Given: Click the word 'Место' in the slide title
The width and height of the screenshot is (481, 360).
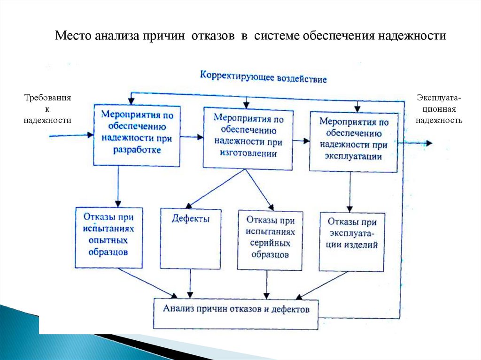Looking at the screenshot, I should [72, 36].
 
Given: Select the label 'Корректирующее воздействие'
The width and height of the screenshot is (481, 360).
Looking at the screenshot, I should [263, 77].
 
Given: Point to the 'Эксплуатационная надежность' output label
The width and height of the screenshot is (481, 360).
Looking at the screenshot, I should [439, 109].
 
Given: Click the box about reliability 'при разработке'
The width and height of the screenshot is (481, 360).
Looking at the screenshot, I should [137, 135].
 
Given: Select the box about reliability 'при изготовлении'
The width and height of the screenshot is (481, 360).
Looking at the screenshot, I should [248, 138].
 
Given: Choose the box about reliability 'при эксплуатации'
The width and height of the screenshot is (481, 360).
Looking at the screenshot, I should [353, 141].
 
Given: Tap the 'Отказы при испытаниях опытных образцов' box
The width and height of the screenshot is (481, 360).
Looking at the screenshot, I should [109, 237].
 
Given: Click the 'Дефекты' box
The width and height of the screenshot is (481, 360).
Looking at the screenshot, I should [190, 237].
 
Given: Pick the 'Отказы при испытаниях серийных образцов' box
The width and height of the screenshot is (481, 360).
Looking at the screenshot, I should [270, 239].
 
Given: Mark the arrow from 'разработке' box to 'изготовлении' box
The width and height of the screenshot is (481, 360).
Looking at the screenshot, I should [192, 137].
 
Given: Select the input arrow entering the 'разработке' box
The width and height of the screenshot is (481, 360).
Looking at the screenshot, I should [70, 135].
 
